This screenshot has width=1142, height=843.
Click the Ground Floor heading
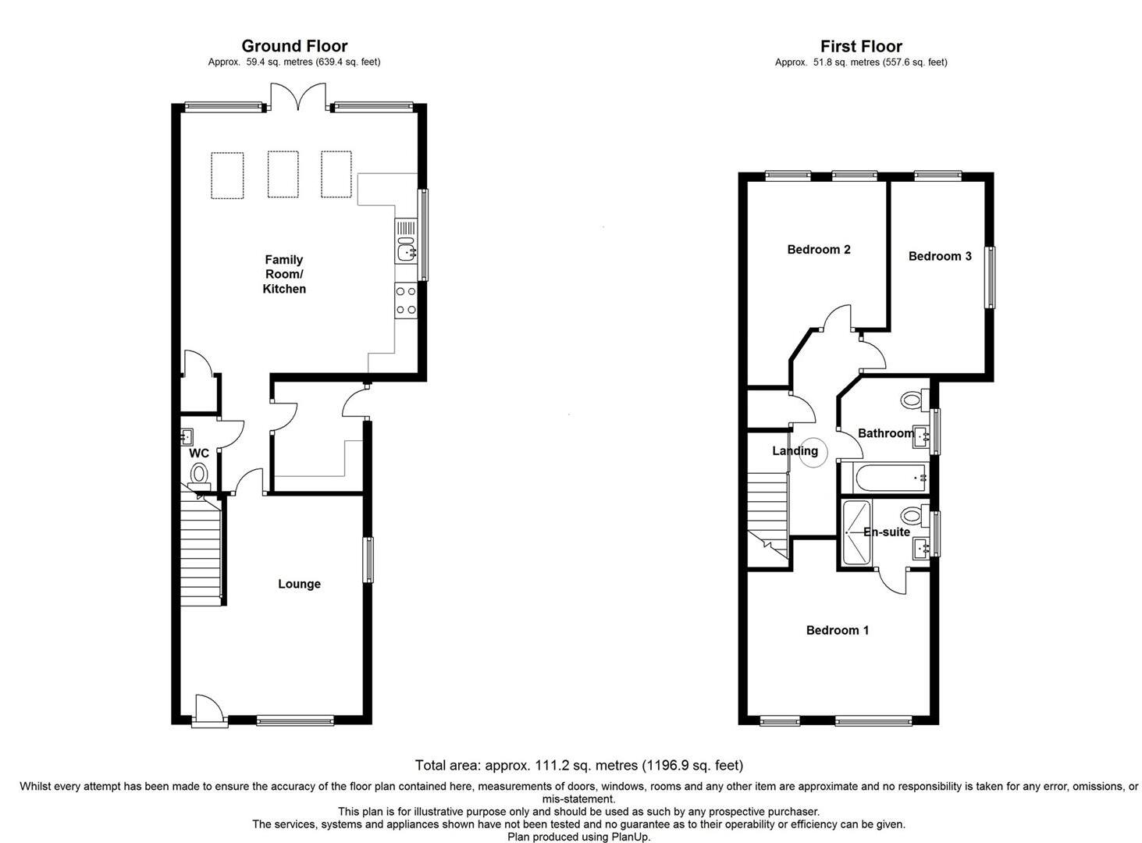[294, 46]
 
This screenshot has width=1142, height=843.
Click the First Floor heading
[860, 46]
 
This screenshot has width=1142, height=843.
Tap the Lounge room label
[299, 584]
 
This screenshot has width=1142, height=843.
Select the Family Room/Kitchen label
[284, 274]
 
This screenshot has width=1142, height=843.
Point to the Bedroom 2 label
[818, 250]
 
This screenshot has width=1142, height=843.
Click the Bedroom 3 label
[939, 256]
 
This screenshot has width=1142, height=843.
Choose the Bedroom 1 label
[837, 630]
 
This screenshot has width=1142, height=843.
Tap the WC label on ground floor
[199, 454]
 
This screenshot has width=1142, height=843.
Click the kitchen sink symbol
[406, 252]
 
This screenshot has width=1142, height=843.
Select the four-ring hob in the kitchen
[406, 301]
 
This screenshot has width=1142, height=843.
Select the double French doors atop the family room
[296, 98]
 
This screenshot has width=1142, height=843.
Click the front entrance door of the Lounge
[208, 710]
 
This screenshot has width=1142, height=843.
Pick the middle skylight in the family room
[283, 175]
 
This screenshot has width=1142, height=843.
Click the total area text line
[578, 766]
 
